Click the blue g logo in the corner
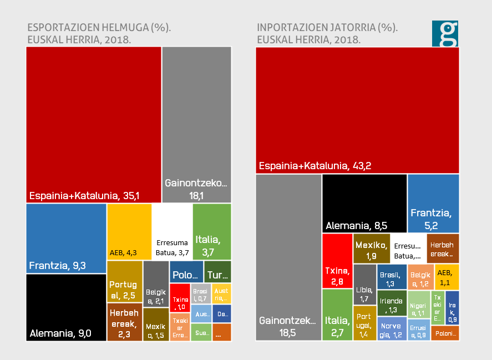[445, 34]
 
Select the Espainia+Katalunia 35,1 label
[84, 195]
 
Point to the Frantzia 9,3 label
[57, 265]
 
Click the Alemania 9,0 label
[60, 333]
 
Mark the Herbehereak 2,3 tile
[124, 322]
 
